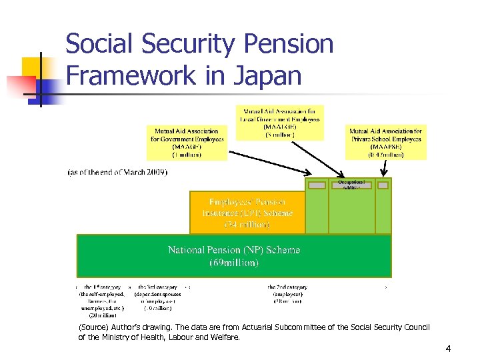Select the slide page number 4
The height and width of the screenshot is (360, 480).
coord(448,348)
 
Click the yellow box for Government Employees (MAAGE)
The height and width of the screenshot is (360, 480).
coord(186,143)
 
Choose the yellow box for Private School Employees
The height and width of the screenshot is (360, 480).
coord(385,143)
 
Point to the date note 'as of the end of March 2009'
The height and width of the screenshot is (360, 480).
coord(118,171)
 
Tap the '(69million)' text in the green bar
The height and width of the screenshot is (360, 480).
coord(233,263)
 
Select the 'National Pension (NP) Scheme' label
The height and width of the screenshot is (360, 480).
coord(233,250)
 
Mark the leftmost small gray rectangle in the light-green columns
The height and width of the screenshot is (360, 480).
coord(317,185)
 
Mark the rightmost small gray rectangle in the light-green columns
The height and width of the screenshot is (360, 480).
coord(383,185)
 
